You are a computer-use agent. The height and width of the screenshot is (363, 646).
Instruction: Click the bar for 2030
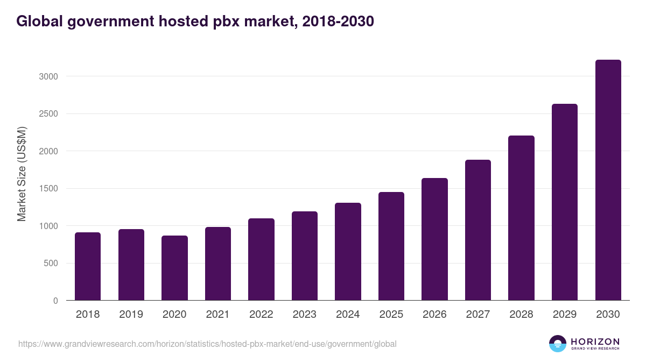coord(608,180)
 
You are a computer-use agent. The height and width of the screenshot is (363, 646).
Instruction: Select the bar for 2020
coord(174,268)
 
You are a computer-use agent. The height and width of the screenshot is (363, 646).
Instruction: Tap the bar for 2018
coord(88,266)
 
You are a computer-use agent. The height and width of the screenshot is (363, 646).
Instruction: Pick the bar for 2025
coord(391,246)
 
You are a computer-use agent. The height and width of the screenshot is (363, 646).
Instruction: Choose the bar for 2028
coord(521,218)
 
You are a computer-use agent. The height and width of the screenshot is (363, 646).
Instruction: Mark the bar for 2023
coord(305,256)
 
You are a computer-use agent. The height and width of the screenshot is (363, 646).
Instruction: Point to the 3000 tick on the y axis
coord(48,76)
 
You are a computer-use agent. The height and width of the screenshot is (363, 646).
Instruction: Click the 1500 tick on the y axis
coord(48,189)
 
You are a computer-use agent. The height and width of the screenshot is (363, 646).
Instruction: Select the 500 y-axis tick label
coord(51,264)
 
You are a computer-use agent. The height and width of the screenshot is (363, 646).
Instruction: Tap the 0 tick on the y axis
coord(55,301)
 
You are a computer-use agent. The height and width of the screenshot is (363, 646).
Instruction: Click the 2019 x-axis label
coord(131,315)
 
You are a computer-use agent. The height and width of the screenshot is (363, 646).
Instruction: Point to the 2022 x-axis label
coord(261,315)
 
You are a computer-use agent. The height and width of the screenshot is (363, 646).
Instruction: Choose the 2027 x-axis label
coord(478,315)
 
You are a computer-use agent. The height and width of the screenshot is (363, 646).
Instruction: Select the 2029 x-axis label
coord(565,315)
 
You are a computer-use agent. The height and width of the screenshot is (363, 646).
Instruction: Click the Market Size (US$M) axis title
coord(22,174)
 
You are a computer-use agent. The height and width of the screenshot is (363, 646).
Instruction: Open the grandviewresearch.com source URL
coord(207,344)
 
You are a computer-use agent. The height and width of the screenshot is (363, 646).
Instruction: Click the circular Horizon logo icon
coord(558,344)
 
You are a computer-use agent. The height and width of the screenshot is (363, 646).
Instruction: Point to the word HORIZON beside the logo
coord(595,341)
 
